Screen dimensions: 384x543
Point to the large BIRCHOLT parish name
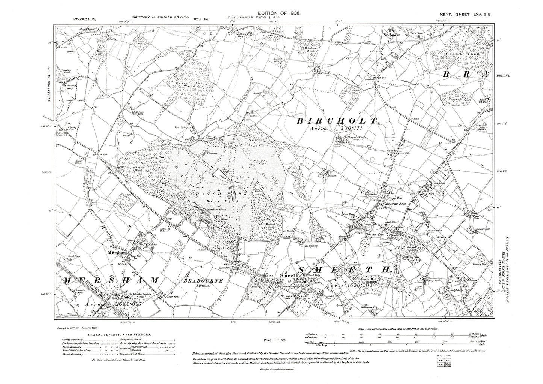pos(337,121)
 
